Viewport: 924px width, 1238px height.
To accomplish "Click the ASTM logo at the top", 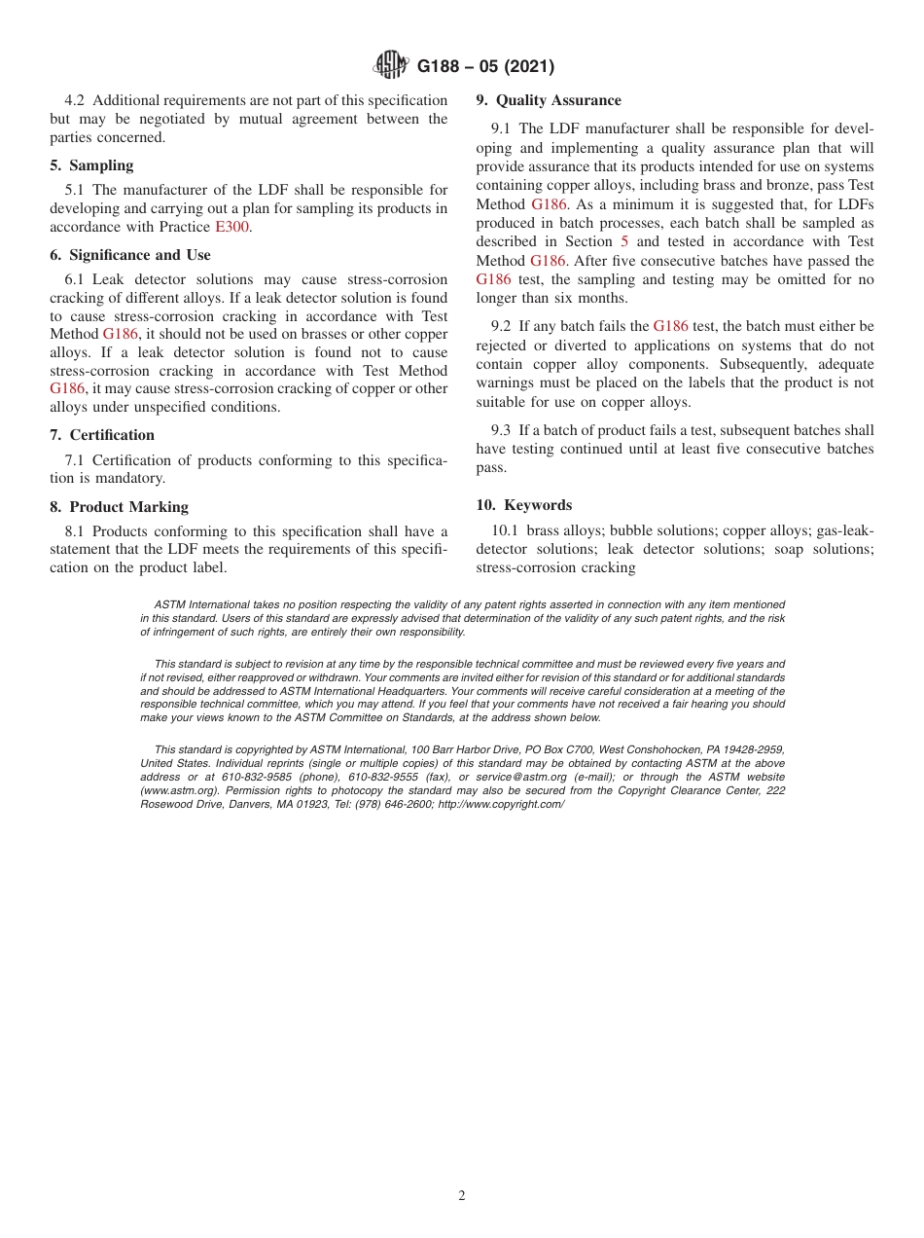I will click(391, 66).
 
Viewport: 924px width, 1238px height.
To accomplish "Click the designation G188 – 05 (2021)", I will click(485, 67).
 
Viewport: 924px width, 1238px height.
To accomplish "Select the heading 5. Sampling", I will click(91, 165).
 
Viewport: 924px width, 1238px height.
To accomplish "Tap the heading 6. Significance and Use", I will click(129, 255).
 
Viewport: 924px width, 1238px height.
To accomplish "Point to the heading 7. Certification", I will click(102, 435).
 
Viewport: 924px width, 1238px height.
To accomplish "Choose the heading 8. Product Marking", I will click(119, 507).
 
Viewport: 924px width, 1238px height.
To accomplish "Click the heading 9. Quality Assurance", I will click(549, 100).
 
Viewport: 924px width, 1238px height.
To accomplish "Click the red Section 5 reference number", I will click(624, 241).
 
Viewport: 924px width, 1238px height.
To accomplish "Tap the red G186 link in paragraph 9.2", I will click(670, 327).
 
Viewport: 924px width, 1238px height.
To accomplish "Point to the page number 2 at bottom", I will click(462, 1196).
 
